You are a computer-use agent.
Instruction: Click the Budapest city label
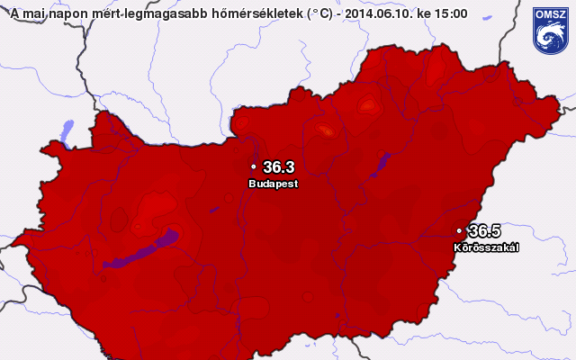pos(273,183)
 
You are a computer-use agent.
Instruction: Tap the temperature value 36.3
pos(279,166)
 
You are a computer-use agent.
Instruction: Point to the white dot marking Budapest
pos(254,167)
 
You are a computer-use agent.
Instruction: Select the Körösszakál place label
pos(486,247)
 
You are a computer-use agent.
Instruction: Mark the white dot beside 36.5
pos(459,231)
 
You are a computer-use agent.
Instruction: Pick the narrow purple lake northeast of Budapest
pos(382,165)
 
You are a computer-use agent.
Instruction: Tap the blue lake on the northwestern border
pos(66,132)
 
